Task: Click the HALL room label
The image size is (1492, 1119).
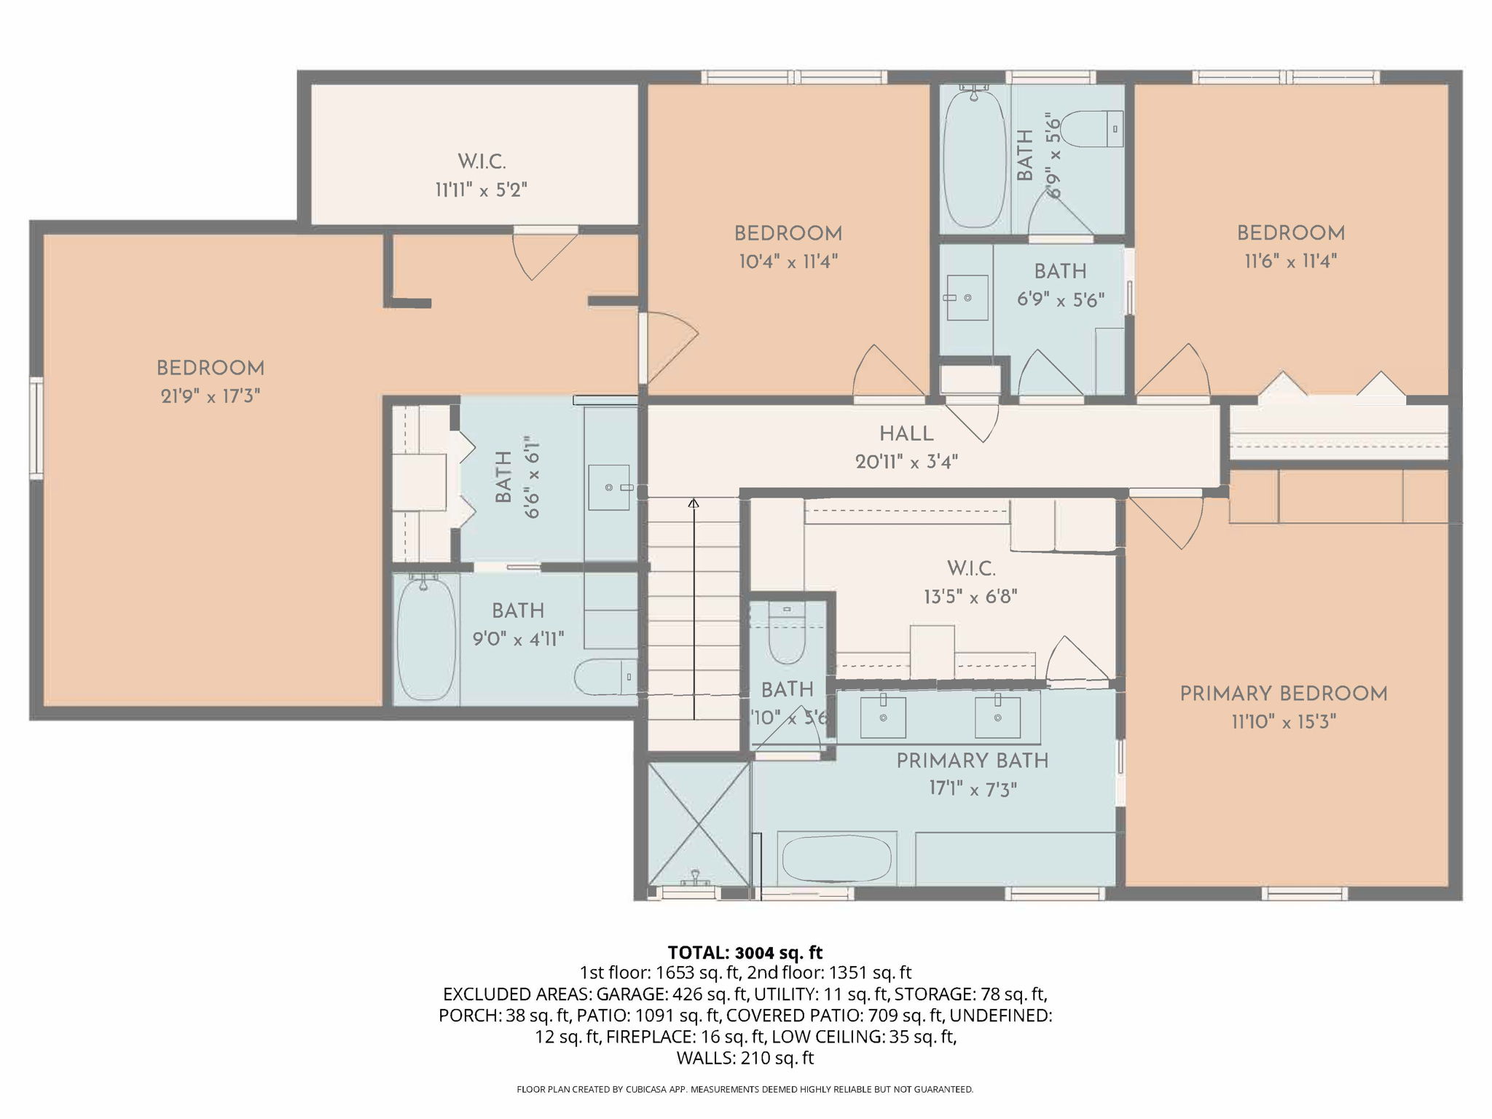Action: pos(906,434)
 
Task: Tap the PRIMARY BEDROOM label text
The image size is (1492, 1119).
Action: pos(1284,694)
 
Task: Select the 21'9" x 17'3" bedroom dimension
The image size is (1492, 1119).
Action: pos(211,396)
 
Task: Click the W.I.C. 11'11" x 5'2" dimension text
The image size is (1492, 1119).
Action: pos(482,190)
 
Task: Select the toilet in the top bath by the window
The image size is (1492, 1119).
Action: pos(1091,128)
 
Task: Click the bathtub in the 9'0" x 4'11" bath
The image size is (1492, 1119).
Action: pos(426,637)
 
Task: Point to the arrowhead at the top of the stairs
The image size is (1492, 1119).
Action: pos(694,503)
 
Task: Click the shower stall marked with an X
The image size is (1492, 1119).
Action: pos(699,823)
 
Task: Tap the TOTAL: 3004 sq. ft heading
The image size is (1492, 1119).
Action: pos(745,952)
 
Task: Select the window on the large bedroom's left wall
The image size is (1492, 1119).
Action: pos(36,428)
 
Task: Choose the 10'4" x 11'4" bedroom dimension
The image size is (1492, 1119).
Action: pos(788,262)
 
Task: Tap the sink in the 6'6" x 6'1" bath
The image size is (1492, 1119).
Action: pos(609,487)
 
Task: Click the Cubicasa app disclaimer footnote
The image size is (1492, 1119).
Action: pos(745,1090)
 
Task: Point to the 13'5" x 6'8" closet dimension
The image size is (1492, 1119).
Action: pos(970,597)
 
